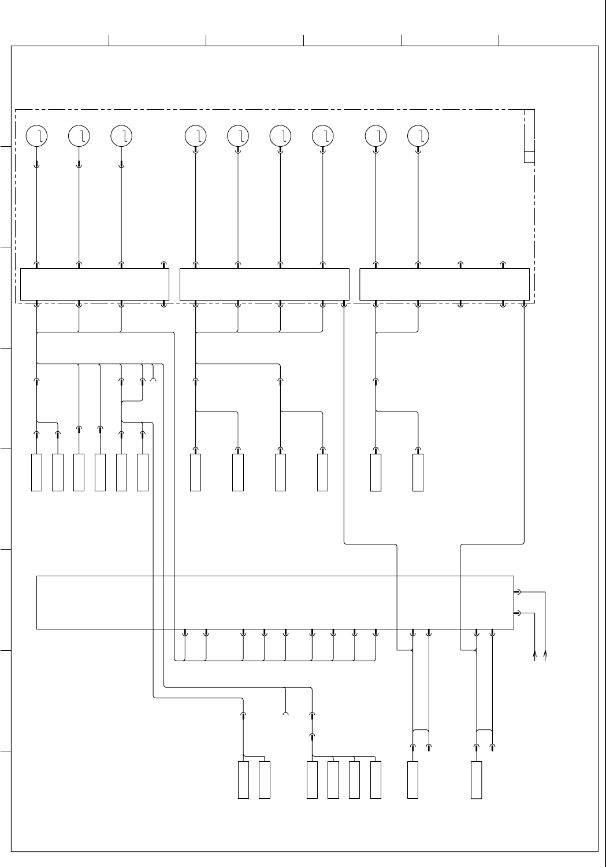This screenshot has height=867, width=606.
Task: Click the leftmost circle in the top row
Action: (37, 136)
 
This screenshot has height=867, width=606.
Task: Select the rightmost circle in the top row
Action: (418, 136)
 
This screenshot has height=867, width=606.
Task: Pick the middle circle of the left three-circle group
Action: (79, 136)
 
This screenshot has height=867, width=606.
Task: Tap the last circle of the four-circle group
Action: (323, 136)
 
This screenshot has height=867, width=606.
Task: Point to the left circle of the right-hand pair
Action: (376, 136)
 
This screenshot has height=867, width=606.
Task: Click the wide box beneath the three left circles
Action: (95, 284)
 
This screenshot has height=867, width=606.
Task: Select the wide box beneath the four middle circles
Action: (265, 284)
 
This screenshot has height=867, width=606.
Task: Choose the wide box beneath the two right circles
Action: (444, 284)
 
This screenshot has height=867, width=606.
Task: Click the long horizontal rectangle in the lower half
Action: (275, 602)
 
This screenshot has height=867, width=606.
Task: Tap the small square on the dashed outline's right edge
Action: (529, 157)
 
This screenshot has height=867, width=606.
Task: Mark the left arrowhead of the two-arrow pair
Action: (535, 654)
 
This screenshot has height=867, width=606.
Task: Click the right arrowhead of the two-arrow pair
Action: (546, 654)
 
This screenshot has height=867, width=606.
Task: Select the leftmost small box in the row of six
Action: (36, 473)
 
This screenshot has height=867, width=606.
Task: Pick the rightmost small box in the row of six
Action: (143, 473)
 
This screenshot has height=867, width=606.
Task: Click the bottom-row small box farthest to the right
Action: (477, 780)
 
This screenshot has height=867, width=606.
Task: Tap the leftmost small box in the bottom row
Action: (243, 780)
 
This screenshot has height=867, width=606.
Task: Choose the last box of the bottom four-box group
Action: (376, 780)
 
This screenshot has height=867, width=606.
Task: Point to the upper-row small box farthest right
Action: (418, 473)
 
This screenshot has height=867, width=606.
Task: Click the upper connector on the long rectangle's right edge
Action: (517, 592)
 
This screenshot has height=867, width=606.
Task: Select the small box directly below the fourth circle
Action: (196, 473)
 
